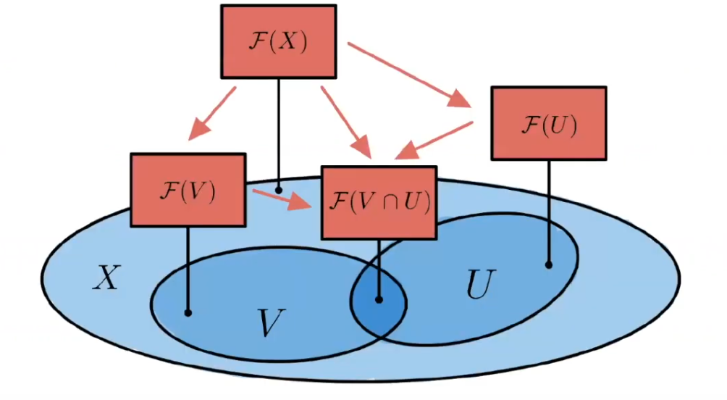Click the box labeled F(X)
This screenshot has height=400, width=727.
point(279,41)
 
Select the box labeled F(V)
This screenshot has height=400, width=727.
point(188,190)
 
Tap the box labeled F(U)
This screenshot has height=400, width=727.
point(549,123)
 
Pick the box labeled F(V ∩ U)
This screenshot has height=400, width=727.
point(379,202)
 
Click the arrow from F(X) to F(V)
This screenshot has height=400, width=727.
point(213,113)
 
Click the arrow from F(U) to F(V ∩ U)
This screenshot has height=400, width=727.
point(435,139)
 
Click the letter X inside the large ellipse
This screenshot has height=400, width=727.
point(106,278)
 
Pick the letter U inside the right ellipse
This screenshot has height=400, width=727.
point(479,287)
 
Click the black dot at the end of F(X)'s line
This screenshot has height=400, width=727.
point(279,190)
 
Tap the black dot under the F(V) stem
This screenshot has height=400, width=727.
point(188,313)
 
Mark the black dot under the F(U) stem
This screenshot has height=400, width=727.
point(548,264)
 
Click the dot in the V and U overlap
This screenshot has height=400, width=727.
point(379,297)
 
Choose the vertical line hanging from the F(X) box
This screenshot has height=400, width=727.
point(279,130)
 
